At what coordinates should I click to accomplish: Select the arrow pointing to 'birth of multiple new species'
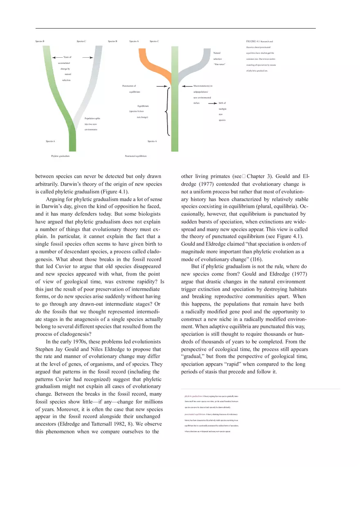tap(212, 103)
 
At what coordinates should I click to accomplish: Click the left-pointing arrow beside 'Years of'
tap(57, 57)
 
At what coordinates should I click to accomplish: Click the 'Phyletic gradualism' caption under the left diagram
tap(60, 156)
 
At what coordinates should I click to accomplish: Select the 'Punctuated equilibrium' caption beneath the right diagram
tap(135, 156)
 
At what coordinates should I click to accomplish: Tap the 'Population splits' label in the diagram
tap(92, 119)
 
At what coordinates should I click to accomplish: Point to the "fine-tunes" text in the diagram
tap(220, 65)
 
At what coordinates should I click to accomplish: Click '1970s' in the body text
tap(80, 341)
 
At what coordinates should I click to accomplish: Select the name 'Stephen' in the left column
tap(45, 349)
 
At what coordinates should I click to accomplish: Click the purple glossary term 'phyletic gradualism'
tap(193, 396)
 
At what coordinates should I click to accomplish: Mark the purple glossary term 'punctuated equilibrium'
tap(195, 414)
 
